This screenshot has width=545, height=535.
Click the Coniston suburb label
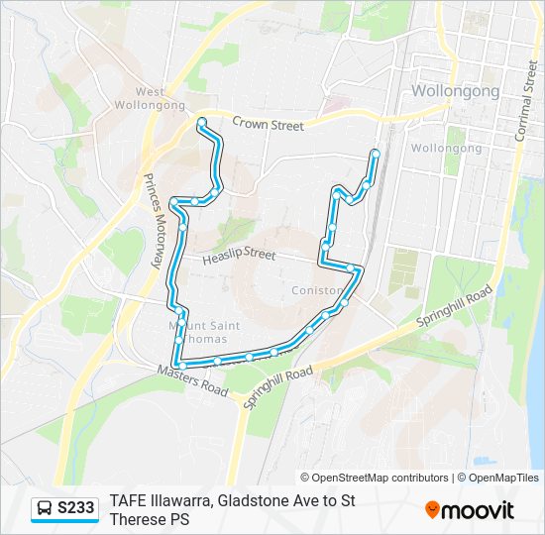coord(316,290)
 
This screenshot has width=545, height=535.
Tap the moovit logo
coord(470,510)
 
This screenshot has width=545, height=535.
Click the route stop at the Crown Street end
coord(201,122)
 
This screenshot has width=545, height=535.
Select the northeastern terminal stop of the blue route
coord(376,153)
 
